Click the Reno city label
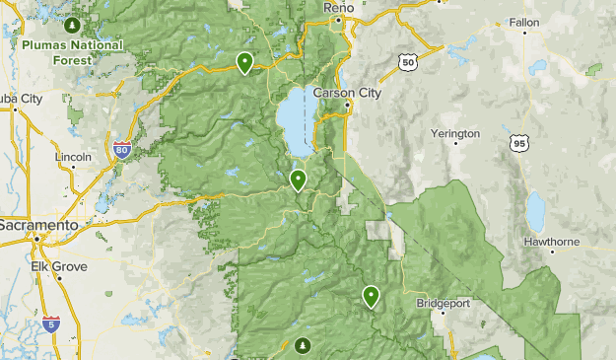tap(338, 7)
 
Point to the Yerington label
tap(455, 133)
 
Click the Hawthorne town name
tap(551, 240)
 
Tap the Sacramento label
tap(38, 226)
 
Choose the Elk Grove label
tap(60, 266)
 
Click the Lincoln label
tap(74, 156)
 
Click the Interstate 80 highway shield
tap(122, 150)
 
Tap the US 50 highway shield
tap(407, 62)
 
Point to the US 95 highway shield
tap(519, 144)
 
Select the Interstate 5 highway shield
tap(50, 323)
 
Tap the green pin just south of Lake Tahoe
tap(298, 180)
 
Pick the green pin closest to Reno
tap(244, 62)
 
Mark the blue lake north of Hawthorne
tap(535, 210)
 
